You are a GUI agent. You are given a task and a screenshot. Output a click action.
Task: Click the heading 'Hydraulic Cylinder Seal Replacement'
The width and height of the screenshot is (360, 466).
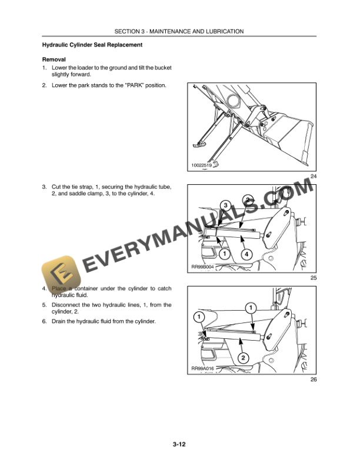(92, 45)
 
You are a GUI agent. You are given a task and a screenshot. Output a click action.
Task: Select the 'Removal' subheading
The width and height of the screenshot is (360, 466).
(54, 59)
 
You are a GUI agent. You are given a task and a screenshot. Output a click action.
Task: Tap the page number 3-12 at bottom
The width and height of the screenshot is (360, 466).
(179, 445)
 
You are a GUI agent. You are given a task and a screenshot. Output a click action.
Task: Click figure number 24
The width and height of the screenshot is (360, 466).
(313, 177)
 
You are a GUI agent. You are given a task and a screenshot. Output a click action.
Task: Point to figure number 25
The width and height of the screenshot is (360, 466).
(313, 278)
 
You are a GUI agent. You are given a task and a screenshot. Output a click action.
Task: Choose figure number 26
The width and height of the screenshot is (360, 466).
(313, 380)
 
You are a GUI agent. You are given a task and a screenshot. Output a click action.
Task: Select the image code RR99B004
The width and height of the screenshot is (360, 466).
(203, 267)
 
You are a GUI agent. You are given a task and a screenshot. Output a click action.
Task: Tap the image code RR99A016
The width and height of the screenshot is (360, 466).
(203, 368)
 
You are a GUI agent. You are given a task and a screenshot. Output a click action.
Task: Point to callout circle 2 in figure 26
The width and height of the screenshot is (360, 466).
(242, 357)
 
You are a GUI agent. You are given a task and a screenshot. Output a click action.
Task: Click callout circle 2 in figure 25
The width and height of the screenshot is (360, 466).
(249, 200)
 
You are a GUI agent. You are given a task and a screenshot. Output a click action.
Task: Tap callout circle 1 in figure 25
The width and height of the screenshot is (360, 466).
(224, 254)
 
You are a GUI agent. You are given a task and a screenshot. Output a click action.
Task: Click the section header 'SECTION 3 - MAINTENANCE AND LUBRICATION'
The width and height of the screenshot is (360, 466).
(179, 31)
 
